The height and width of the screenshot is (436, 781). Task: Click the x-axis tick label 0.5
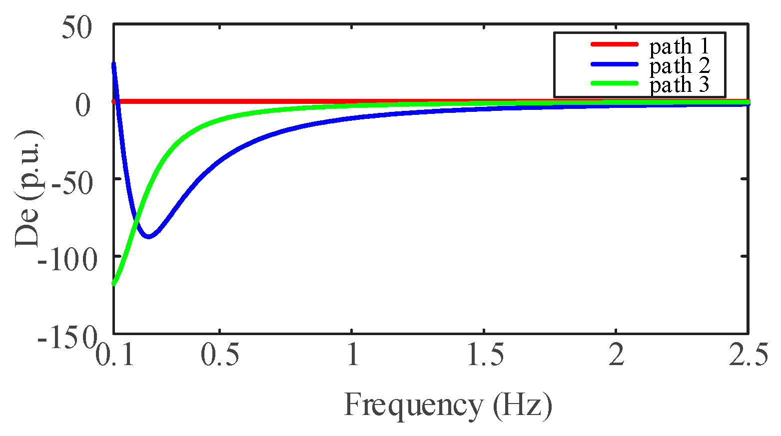coord(220,356)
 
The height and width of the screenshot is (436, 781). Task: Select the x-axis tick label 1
coord(352,356)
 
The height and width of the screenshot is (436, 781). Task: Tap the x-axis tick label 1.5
coord(484,356)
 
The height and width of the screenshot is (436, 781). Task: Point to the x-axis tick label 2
coord(616,356)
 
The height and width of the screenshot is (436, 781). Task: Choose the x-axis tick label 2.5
coord(748,356)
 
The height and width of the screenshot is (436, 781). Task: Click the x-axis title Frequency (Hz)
coord(448,405)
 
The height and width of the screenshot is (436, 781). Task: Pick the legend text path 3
coord(679,85)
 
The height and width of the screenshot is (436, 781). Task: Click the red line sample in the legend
coord(614,44)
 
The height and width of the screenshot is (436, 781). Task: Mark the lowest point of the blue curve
coord(148,237)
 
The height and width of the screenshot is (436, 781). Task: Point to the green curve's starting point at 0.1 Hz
coord(114,284)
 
